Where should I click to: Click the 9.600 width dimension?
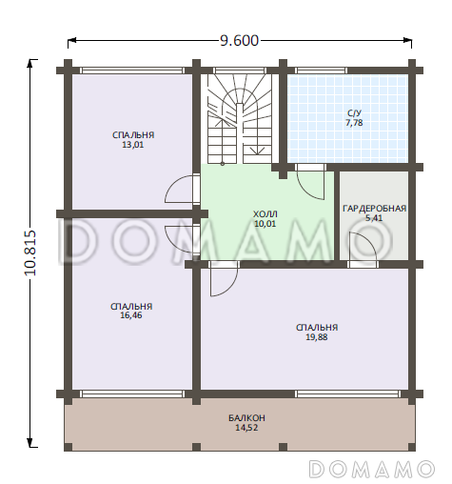coord(240,41)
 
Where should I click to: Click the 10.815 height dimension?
coord(30,252)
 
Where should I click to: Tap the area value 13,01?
coord(133,145)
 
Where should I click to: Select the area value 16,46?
coord(131,315)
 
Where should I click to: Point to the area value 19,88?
coord(317,337)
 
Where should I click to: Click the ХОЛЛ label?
coord(265,213)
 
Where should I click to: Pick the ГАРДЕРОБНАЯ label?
coord(374,209)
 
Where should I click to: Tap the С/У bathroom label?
coord(354,113)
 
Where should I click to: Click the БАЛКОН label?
coord(246,418)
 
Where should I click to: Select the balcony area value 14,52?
coord(246,428)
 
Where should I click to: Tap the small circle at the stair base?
coord(223,164)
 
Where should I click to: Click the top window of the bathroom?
coord(321,71)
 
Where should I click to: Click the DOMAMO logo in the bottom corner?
coord(372,469)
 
